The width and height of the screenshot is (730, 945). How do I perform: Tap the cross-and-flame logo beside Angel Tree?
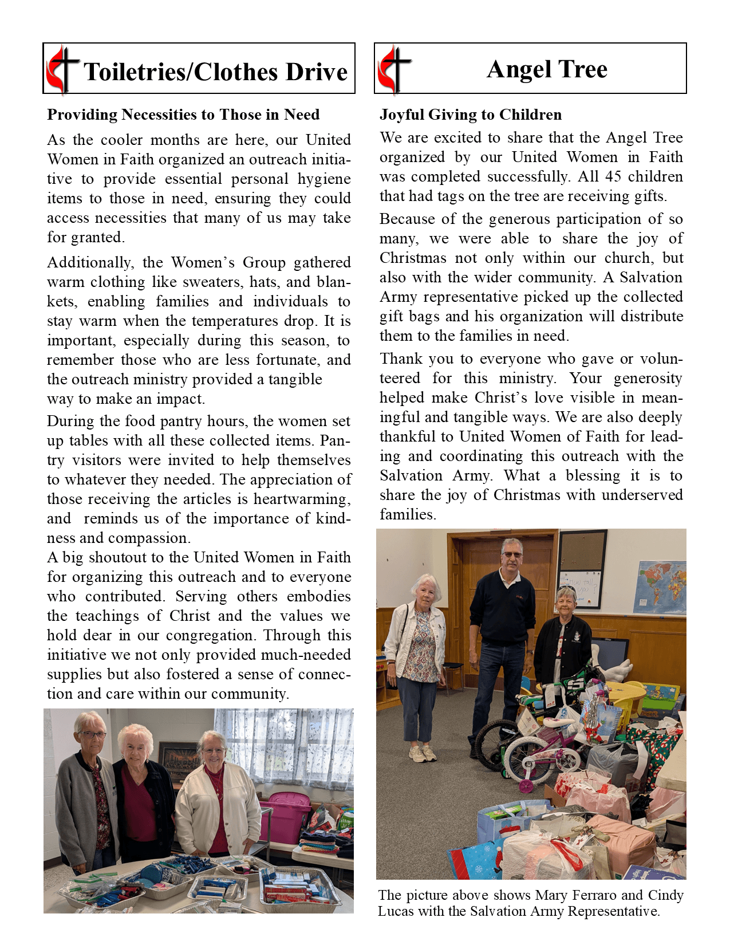394,69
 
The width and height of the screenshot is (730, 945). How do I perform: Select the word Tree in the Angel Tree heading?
582,69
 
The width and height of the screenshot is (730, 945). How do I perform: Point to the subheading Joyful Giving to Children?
470,115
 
